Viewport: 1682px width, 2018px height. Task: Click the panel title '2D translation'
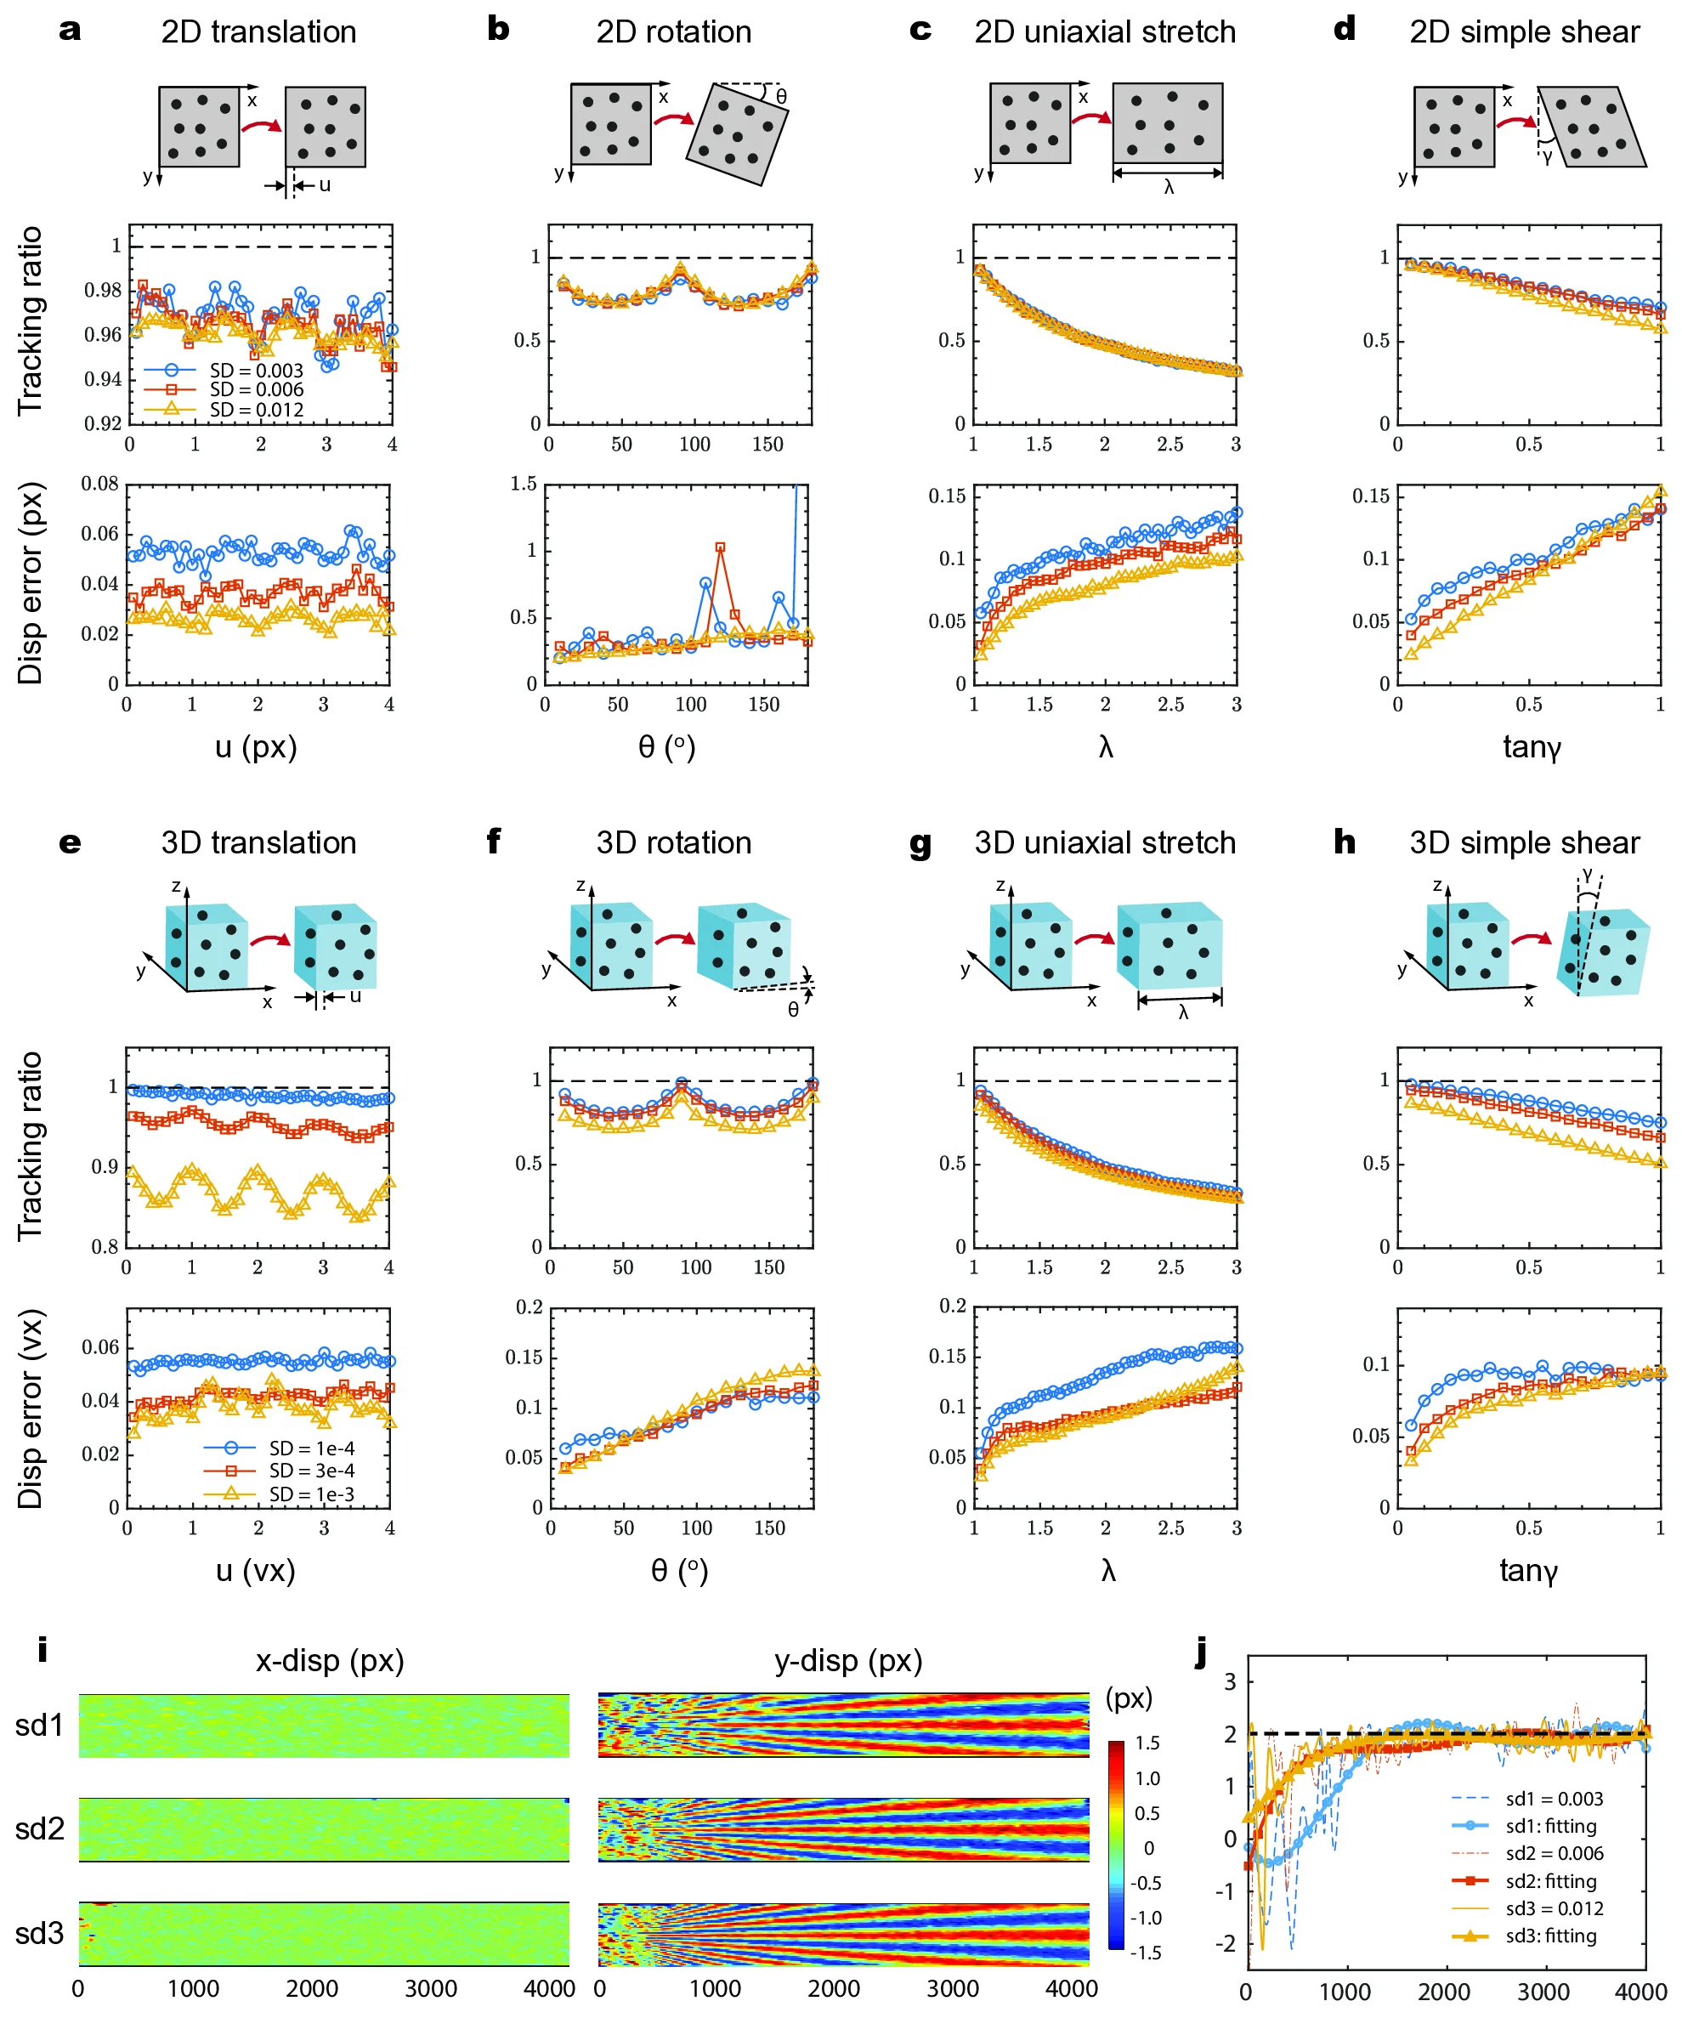pos(258,31)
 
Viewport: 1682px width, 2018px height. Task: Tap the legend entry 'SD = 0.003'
pos(256,370)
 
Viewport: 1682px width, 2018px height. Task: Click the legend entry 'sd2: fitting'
pos(1550,1880)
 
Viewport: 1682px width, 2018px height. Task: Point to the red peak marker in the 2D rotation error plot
pos(721,547)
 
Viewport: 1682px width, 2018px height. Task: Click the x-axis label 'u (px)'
pos(256,746)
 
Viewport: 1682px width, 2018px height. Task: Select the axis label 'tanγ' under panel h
pos(1527,1570)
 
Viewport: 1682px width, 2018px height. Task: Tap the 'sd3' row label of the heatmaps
pos(39,1932)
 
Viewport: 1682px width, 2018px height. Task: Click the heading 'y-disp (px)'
pos(848,1660)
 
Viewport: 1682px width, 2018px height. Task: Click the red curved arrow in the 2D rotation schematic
pos(674,119)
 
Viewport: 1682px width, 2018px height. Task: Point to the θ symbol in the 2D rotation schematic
pos(781,96)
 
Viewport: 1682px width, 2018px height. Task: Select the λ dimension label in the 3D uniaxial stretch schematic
pos(1182,1012)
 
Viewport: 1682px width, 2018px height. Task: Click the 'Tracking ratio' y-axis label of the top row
pos(31,321)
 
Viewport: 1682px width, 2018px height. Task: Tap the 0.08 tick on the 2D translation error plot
pos(100,484)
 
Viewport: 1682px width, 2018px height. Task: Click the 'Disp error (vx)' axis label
pos(31,1409)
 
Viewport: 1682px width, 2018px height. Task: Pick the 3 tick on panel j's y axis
pos(1230,1681)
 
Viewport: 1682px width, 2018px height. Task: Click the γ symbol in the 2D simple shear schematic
pos(1548,156)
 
